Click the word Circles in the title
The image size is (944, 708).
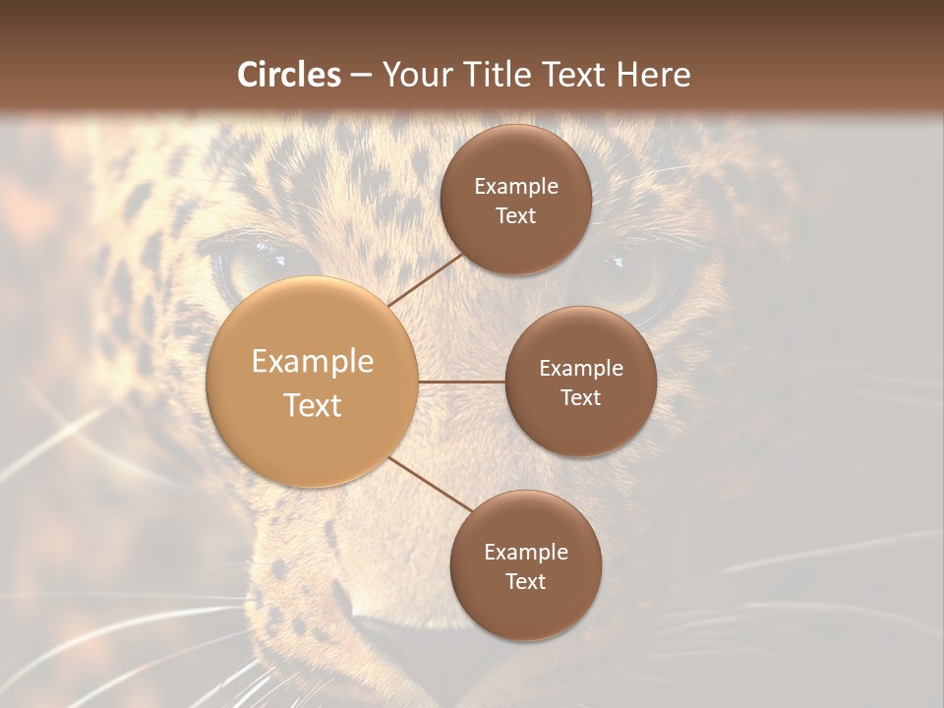pyautogui.click(x=288, y=75)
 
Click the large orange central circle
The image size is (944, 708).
pyautogui.click(x=313, y=382)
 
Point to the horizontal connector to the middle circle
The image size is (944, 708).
pyautogui.click(x=462, y=382)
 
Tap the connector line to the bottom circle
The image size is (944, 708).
pyautogui.click(x=431, y=486)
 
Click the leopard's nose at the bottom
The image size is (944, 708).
pyautogui.click(x=393, y=639)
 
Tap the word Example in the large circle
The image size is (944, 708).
pyautogui.click(x=313, y=362)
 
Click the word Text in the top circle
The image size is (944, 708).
pyautogui.click(x=515, y=216)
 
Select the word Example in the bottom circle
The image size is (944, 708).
pyautogui.click(x=525, y=552)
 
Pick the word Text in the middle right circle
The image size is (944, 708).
pyautogui.click(x=580, y=398)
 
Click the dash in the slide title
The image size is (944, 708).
pyautogui.click(x=360, y=76)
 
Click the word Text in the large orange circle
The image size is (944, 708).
pyautogui.click(x=313, y=405)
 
